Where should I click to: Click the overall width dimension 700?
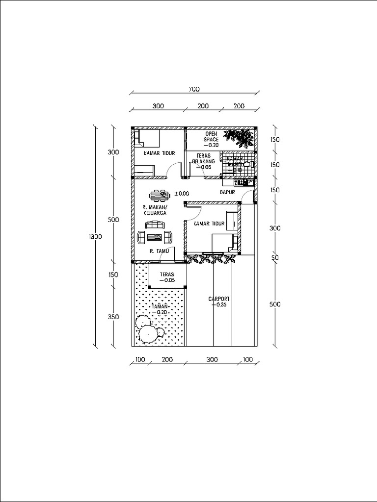194,89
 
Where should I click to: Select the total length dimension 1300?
95,237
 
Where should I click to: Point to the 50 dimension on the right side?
275,257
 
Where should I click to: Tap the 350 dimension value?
113,317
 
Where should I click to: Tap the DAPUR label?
228,193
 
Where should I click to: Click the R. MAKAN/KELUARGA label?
155,210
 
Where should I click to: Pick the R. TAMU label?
159,251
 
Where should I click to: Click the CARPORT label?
219,299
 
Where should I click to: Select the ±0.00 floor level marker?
182,193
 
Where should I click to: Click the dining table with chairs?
159,195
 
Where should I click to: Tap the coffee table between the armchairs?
155,238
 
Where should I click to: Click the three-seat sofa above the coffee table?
155,225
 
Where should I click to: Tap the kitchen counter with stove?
244,182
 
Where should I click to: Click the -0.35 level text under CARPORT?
219,305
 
